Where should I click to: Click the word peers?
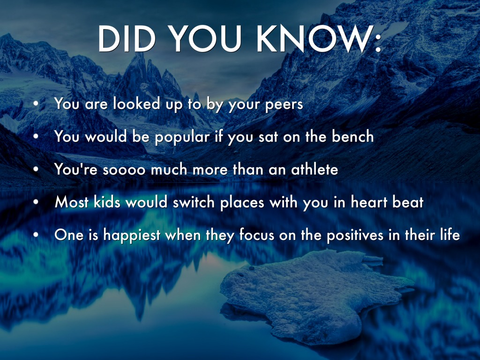(284, 105)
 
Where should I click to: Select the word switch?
(194, 202)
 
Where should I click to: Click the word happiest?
(132, 235)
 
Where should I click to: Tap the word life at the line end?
(450, 234)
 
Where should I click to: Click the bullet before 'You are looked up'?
(36, 104)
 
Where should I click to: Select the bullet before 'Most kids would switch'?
(36, 202)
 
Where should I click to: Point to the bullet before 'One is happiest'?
(36, 234)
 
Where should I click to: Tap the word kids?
(107, 202)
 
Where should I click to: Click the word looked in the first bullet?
(136, 104)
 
